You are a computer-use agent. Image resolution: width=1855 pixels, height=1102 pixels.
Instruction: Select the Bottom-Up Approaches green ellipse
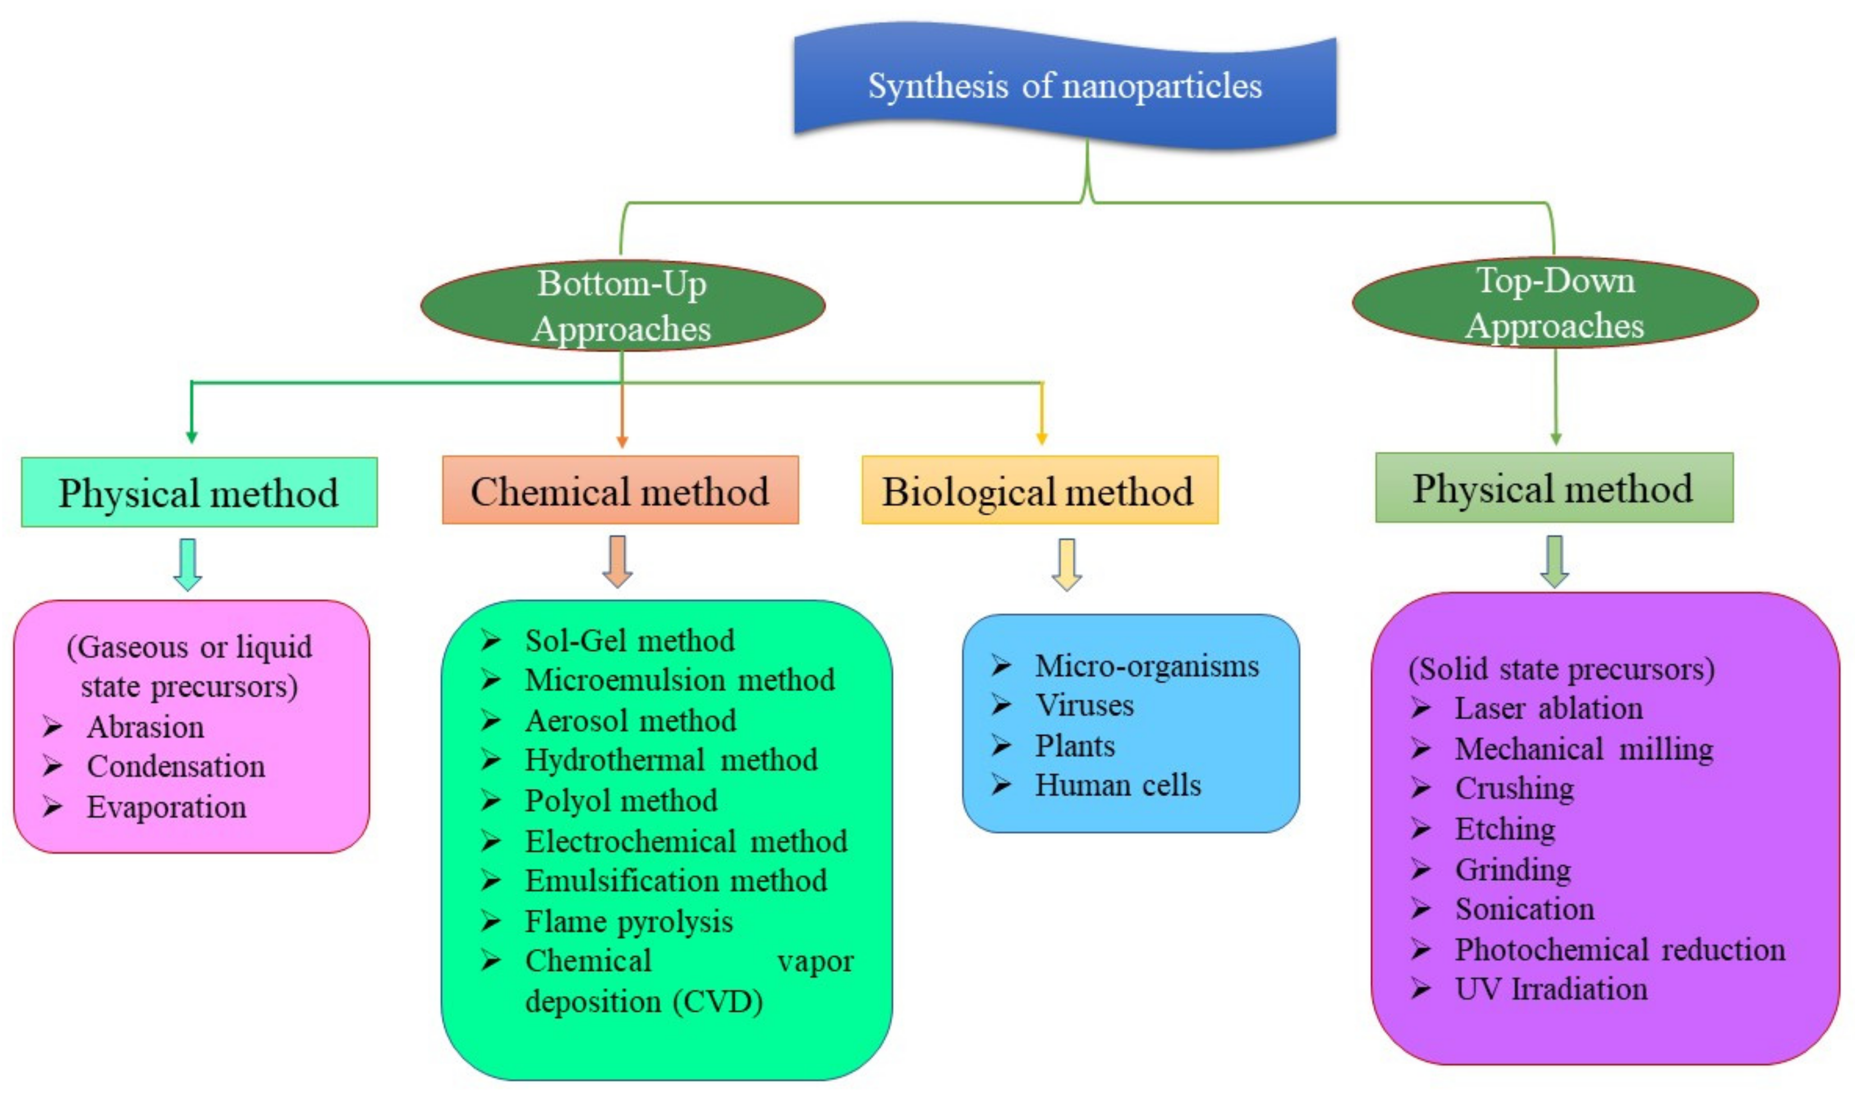622,305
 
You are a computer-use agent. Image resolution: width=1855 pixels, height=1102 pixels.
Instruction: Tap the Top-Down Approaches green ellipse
1554,302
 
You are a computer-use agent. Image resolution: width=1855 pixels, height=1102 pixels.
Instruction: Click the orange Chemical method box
620,491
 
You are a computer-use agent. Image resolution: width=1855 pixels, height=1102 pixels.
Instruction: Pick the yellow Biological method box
1039,491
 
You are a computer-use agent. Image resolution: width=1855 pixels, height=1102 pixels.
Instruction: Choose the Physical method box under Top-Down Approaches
1554,488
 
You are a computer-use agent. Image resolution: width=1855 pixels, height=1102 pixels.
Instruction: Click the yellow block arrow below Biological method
1066,563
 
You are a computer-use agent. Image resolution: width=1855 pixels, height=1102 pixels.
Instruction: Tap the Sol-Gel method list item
629,640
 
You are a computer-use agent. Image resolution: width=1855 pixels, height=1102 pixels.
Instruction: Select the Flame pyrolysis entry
628,921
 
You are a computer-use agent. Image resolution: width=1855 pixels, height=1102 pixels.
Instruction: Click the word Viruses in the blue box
1084,705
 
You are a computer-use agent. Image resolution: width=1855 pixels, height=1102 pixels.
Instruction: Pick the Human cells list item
1118,785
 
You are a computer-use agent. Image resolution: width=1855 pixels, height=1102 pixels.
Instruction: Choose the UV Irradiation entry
1550,989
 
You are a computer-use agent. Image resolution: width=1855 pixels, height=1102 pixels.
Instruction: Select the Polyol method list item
621,801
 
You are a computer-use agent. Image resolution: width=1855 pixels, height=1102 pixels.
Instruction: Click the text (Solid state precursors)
1561,668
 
